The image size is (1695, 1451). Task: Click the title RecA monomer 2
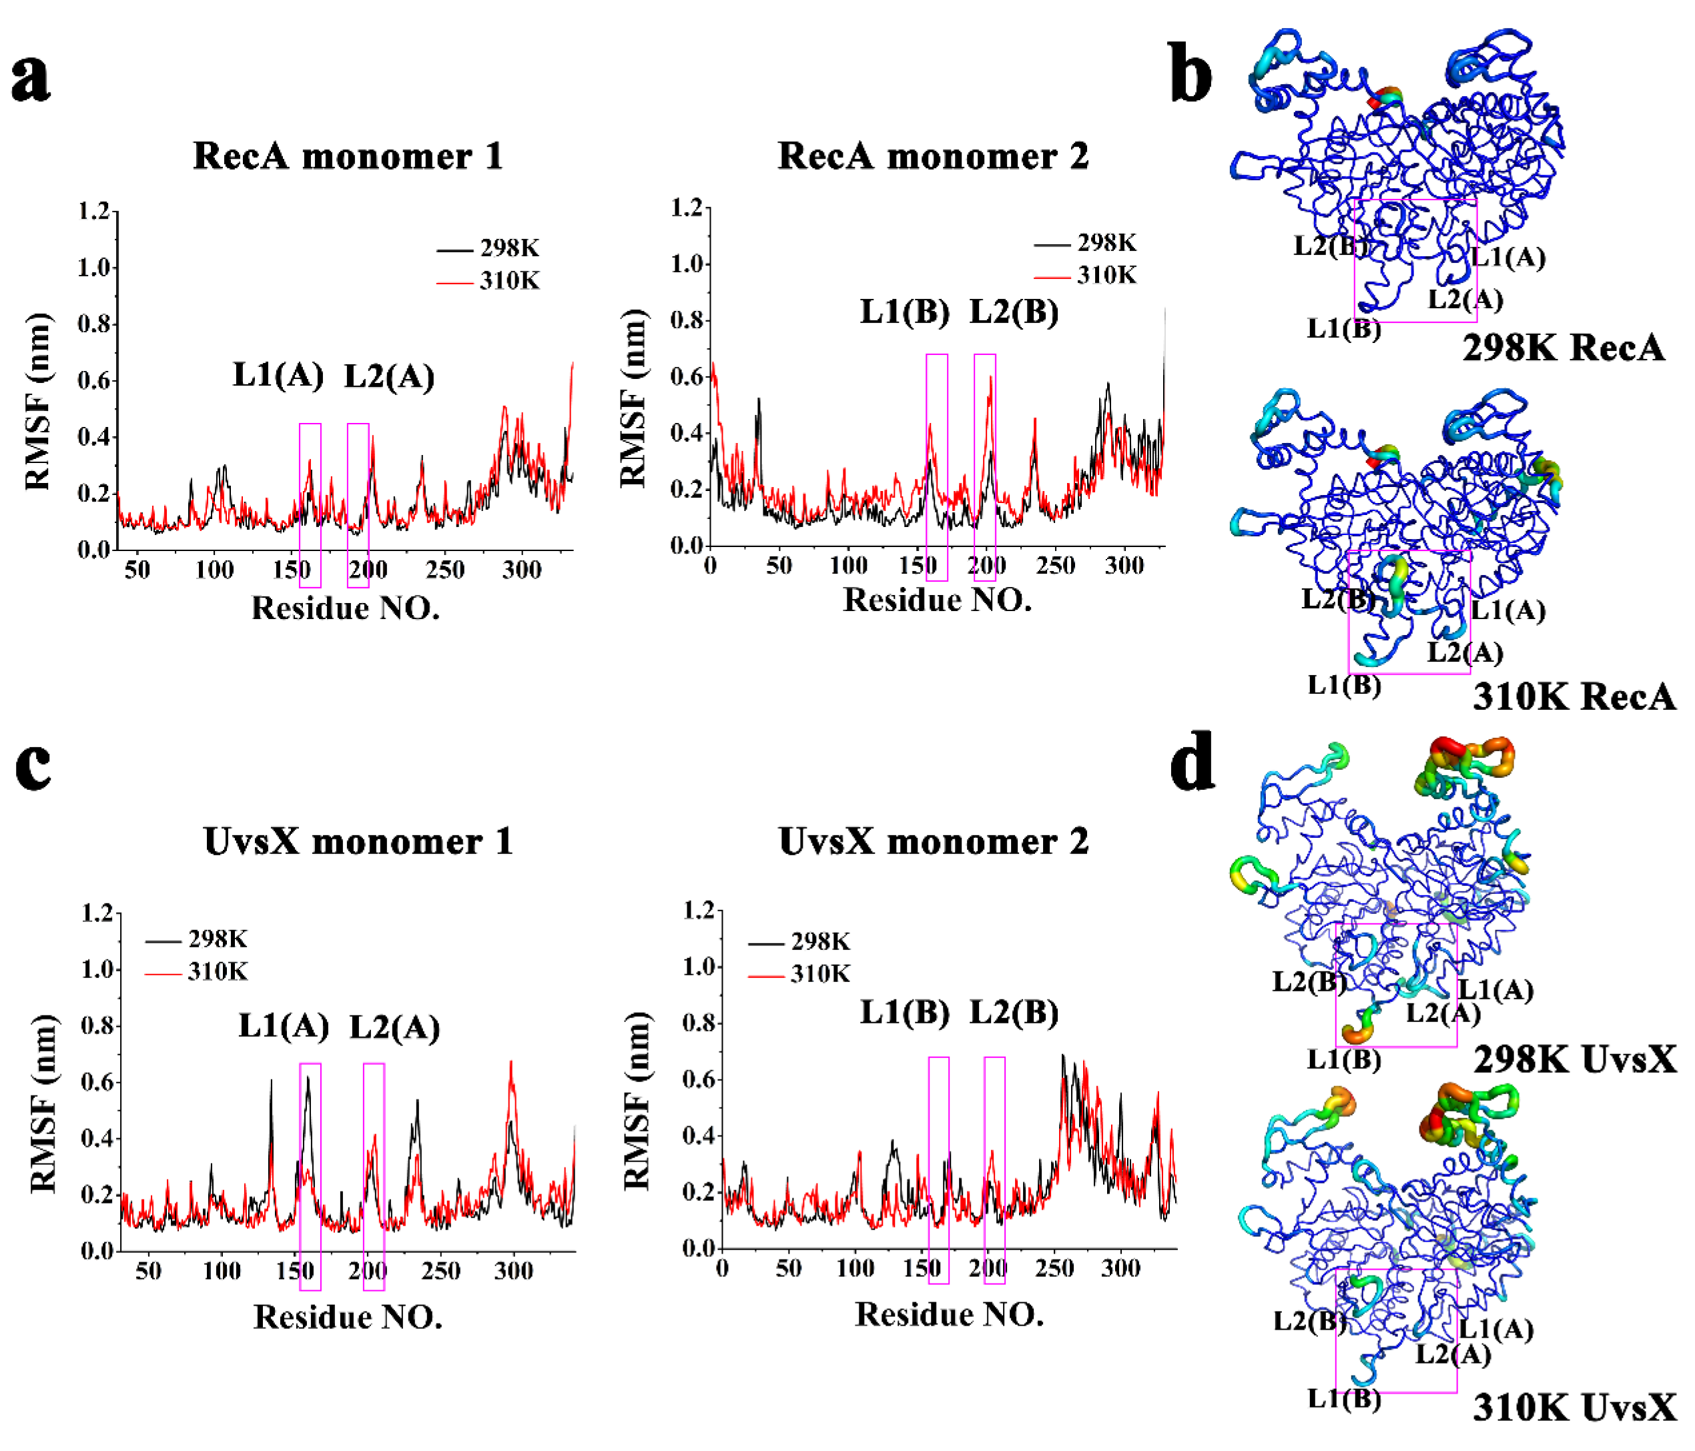click(932, 155)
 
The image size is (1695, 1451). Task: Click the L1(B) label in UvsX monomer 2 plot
click(904, 1013)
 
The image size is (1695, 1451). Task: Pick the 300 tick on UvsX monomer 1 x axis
click(513, 1271)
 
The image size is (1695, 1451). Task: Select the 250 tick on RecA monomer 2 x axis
click(1055, 565)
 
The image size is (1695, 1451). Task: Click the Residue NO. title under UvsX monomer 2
click(949, 1314)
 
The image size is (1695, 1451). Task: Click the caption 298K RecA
click(1562, 348)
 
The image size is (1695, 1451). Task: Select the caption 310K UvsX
click(1574, 1408)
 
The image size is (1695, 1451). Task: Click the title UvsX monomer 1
click(358, 841)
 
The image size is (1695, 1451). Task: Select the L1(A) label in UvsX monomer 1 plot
click(284, 1025)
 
